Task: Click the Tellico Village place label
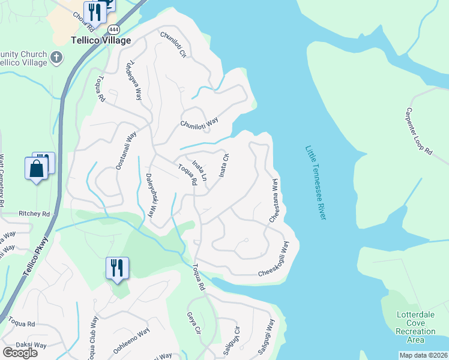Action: (x=100, y=41)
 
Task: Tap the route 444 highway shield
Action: (x=113, y=29)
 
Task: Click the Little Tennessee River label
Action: (x=315, y=182)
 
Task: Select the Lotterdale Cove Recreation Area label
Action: (x=415, y=327)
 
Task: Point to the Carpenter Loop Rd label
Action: (x=418, y=132)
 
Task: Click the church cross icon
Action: (x=56, y=58)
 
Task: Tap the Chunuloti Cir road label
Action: (x=173, y=44)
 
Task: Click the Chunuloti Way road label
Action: (x=199, y=123)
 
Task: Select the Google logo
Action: (x=20, y=353)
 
